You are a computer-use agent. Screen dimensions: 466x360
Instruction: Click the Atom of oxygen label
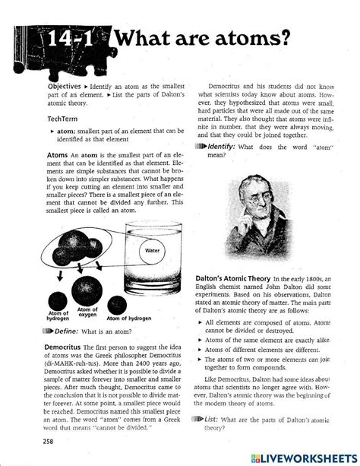(x=88, y=312)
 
